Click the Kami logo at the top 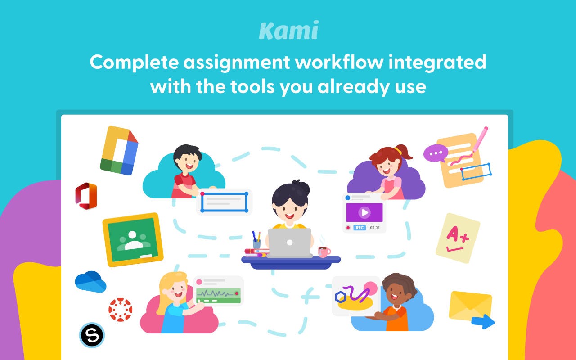pyautogui.click(x=288, y=31)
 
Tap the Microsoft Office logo pyautogui.click(x=86, y=196)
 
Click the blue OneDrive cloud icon pyautogui.click(x=90, y=282)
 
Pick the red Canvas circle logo pyautogui.click(x=120, y=310)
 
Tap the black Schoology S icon pyautogui.click(x=92, y=335)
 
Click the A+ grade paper pyautogui.click(x=458, y=238)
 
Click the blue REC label pyautogui.click(x=360, y=228)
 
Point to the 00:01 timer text pyautogui.click(x=375, y=228)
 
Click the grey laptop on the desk pyautogui.click(x=290, y=242)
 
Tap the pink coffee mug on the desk pyautogui.click(x=324, y=252)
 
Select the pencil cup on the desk pyautogui.click(x=256, y=242)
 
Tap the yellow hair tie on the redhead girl pyautogui.click(x=398, y=149)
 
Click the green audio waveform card pyautogui.click(x=218, y=295)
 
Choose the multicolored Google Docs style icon pyautogui.click(x=119, y=150)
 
